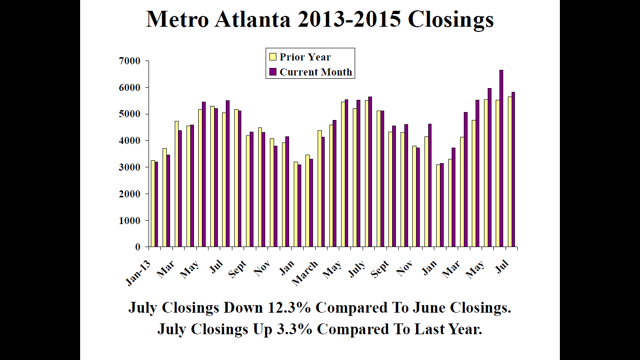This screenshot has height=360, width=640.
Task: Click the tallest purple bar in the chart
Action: pos(501,159)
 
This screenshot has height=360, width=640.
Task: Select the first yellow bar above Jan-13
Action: pos(153,204)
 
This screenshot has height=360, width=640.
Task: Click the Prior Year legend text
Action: pos(305,57)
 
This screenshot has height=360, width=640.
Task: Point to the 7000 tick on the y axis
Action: pos(130,61)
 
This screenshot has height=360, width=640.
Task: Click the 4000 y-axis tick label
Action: pos(130,141)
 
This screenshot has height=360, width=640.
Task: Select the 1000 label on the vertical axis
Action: pos(130,220)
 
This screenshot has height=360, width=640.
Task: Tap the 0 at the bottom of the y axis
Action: pos(137,247)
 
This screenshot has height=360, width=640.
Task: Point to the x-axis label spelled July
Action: pos(357,270)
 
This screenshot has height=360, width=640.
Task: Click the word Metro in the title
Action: pos(178,20)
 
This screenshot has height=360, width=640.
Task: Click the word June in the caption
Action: pos(429,308)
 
